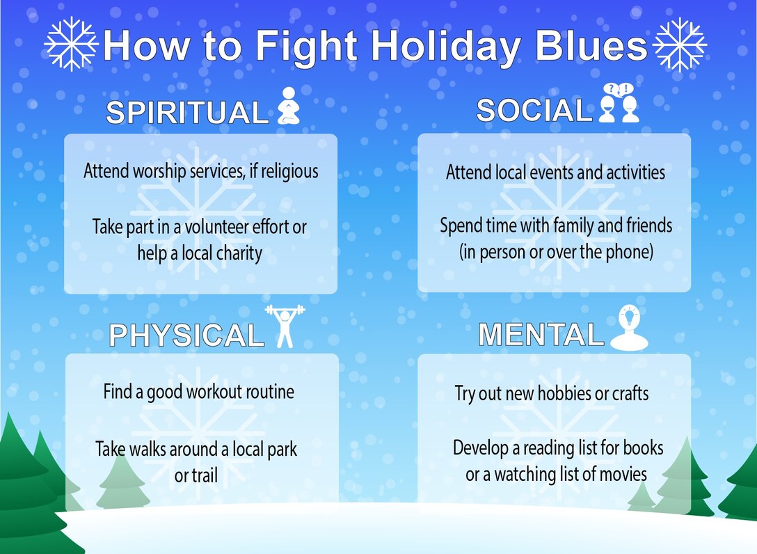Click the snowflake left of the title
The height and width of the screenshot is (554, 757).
pos(70,44)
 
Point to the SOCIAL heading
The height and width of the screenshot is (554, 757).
pos(533,110)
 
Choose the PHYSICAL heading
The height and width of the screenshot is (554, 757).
pos(186,335)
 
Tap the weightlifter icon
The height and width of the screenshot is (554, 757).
pos(285,325)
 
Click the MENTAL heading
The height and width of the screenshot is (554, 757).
pos(541,335)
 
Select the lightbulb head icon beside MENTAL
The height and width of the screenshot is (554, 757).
pos(629,328)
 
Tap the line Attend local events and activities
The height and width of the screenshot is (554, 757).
pos(555,171)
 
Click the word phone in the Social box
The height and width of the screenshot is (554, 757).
pos(628,251)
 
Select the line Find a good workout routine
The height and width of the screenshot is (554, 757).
pos(198,391)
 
